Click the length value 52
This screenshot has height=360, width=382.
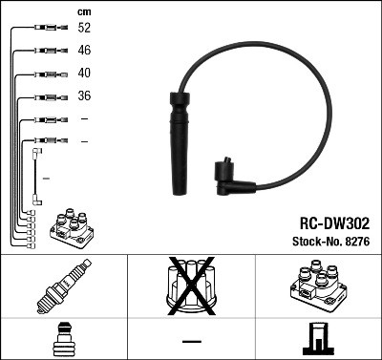(84, 29)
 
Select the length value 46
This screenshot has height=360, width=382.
(84, 51)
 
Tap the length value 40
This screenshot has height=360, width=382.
(84, 73)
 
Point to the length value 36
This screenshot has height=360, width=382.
(84, 95)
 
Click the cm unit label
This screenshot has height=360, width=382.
(84, 11)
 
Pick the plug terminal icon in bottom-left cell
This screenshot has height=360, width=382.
(63, 339)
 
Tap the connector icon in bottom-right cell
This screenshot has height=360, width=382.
(317, 338)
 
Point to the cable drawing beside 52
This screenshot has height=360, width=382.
(45, 29)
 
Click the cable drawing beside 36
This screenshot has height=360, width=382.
(45, 95)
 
